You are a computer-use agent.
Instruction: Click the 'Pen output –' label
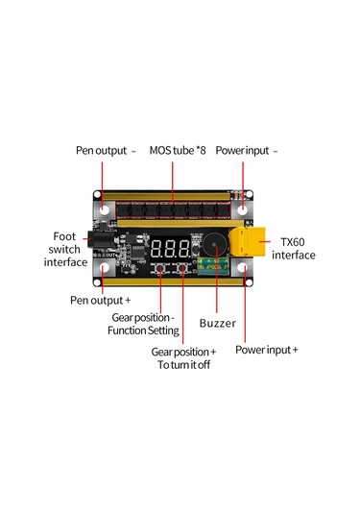coord(106,151)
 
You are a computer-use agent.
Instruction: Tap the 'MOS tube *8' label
coord(178,151)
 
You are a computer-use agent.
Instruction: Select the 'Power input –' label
coord(247,151)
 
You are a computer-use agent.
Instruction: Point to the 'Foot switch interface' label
coord(65,248)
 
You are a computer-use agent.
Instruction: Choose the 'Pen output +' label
coord(101,301)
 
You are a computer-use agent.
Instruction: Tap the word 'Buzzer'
coord(217,324)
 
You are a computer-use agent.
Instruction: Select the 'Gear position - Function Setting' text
coord(143,324)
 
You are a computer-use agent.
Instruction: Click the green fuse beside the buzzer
coord(219,269)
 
